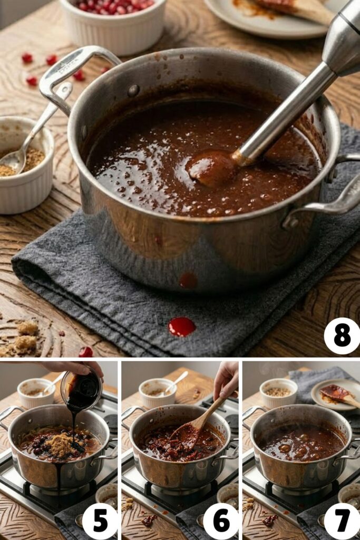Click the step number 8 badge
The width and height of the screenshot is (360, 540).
coord(342,336)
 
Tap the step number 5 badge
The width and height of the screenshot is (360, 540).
coord(100,521)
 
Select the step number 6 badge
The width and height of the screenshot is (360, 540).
coord(221,521)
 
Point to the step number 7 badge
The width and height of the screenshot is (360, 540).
coord(342,521)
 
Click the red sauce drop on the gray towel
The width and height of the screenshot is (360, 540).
coord(181,326)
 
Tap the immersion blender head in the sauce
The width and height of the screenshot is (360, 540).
coord(211,168)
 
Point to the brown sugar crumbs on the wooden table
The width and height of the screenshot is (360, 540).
coord(24,337)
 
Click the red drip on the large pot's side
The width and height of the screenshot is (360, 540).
coord(188,281)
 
